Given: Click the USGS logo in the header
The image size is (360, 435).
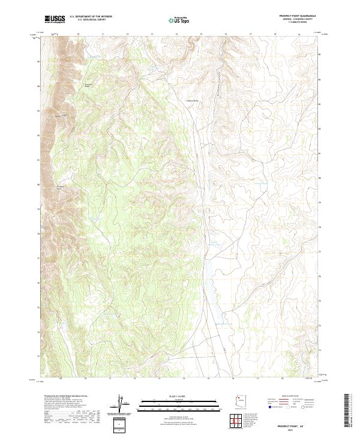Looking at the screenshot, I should tap(55, 19).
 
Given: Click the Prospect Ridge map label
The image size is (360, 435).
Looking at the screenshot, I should tap(88, 85).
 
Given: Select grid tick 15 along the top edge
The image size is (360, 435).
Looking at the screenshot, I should tap(201, 35).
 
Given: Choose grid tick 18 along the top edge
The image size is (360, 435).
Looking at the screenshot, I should tap(275, 35).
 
